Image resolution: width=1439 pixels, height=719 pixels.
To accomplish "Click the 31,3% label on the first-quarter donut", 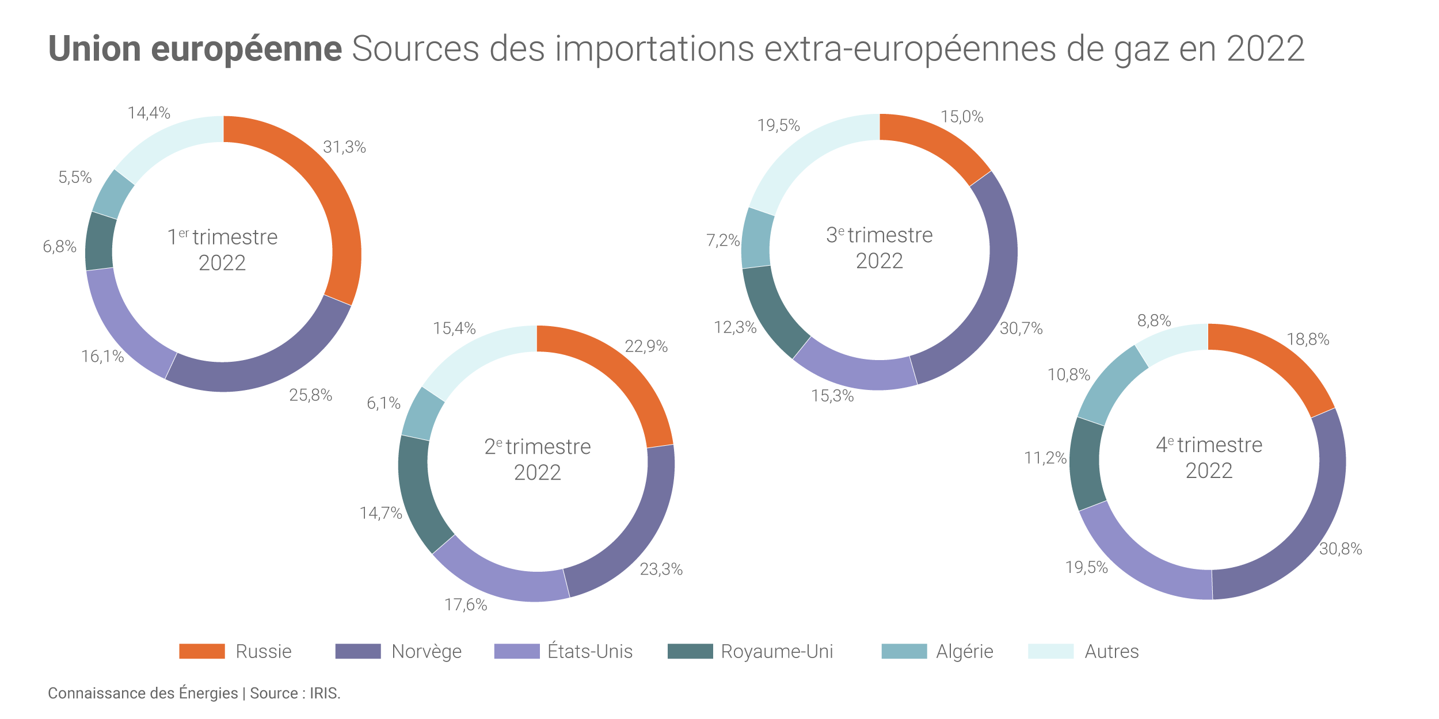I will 344,147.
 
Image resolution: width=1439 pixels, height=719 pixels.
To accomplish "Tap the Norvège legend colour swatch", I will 357,651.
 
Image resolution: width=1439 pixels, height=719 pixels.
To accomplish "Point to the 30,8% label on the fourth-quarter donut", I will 1341,549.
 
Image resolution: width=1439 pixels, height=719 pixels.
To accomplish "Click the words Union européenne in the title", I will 195,49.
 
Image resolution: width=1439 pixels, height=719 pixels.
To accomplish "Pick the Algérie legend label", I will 964,651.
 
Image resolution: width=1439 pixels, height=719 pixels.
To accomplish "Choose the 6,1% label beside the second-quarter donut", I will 383,403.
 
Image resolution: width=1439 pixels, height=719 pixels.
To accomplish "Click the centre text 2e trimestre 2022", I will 537,459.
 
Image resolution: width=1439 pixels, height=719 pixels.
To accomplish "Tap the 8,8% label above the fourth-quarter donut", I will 1154,320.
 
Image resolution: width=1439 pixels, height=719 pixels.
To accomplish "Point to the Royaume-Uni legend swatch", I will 690,651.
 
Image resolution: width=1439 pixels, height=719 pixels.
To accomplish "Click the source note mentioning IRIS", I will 194,693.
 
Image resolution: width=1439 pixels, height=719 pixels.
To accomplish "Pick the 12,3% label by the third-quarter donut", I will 735,327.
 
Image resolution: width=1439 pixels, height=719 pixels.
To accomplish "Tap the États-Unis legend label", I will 590,651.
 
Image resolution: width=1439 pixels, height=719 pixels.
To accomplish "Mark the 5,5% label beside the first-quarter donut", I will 75,177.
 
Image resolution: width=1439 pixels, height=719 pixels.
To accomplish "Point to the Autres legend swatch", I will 1050,651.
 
